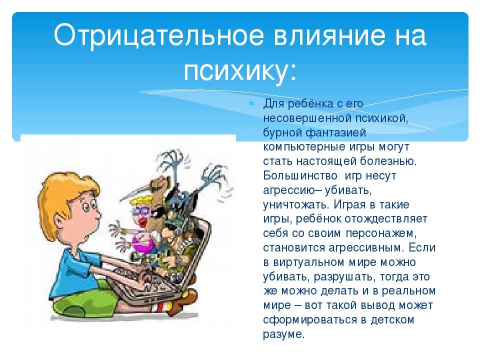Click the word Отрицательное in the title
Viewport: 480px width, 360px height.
[158, 35]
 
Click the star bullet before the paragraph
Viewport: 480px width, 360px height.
[251, 103]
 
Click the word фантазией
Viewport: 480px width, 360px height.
[336, 133]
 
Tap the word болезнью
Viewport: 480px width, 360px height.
[388, 161]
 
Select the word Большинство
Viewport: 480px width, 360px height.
[300, 175]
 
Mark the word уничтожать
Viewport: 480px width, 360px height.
[296, 204]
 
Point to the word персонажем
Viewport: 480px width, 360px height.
[381, 233]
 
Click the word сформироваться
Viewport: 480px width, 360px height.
[310, 320]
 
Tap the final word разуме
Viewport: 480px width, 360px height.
[284, 334]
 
